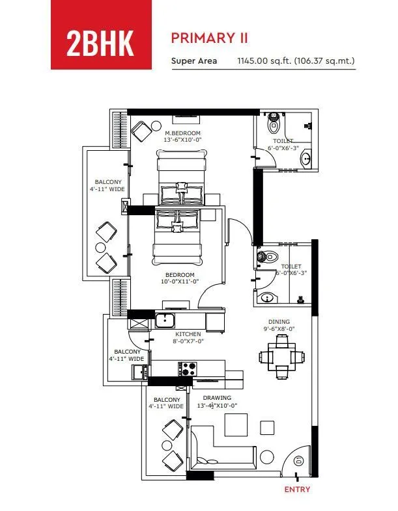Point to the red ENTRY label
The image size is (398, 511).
pyautogui.click(x=298, y=490)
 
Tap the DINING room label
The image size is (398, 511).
pyautogui.click(x=279, y=322)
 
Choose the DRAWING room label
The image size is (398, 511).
pyautogui.click(x=217, y=398)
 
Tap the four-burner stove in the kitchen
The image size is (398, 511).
pyautogui.click(x=188, y=369)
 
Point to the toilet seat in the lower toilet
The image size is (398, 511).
pyautogui.click(x=266, y=257)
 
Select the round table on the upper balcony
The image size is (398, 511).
pyautogui.click(x=100, y=247)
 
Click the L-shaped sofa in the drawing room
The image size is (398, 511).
pyautogui.click(x=221, y=453)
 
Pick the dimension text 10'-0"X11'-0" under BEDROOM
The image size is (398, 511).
pyautogui.click(x=180, y=282)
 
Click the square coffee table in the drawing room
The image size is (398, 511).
pyautogui.click(x=236, y=425)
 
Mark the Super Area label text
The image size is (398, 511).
pyautogui.click(x=189, y=62)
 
